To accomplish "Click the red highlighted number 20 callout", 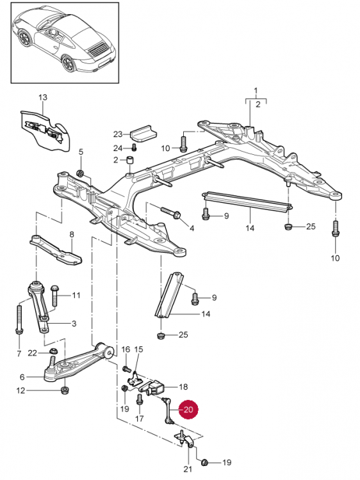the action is [x=188, y=410].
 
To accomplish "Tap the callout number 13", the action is [x=43, y=97].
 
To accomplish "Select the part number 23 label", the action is [x=118, y=134].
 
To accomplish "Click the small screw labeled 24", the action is [x=134, y=148].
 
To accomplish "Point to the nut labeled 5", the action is [x=81, y=173].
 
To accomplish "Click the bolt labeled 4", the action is [x=170, y=212].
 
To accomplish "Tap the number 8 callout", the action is [x=72, y=234].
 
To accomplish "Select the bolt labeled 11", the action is [x=55, y=296].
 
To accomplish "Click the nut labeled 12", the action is [x=64, y=390].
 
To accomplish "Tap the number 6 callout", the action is [x=22, y=377].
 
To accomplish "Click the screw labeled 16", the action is [x=127, y=369].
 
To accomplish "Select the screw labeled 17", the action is [x=140, y=399].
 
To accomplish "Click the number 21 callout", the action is [x=188, y=468].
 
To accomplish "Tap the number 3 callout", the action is [x=74, y=324].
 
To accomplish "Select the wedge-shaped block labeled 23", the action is [x=143, y=134].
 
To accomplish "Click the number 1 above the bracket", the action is [x=256, y=91].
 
